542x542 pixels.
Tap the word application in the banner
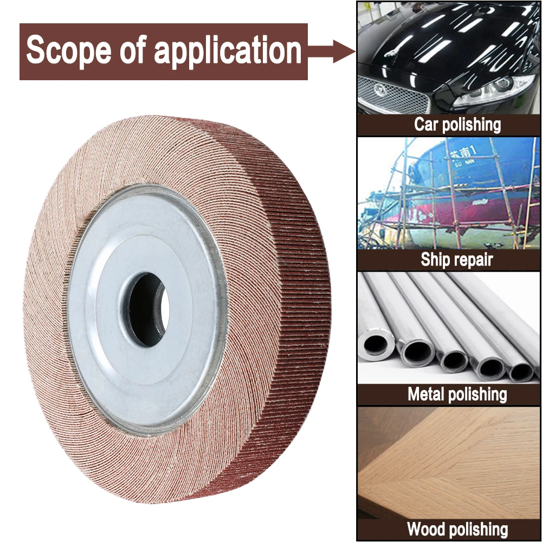(x=227, y=51)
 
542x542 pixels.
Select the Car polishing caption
(x=457, y=125)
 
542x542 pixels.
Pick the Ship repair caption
(x=457, y=260)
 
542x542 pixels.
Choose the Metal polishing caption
(x=457, y=394)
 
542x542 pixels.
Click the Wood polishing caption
(x=457, y=528)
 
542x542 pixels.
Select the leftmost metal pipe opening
(x=377, y=344)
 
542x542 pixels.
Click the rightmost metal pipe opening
(x=520, y=371)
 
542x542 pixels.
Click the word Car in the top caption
(x=426, y=125)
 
